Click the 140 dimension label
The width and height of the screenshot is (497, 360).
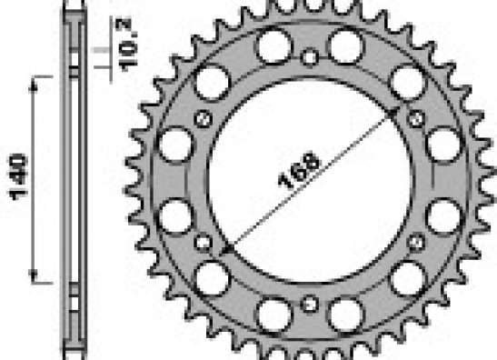(18, 177)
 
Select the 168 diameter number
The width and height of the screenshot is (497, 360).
(299, 170)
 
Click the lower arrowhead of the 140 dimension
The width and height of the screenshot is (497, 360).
(34, 275)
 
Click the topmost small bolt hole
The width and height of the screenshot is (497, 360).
(309, 57)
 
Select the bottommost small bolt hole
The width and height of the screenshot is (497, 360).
(309, 304)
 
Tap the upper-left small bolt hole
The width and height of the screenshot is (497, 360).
(204, 119)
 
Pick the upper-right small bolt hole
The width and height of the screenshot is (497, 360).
(416, 119)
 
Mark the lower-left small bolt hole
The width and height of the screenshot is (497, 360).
(204, 243)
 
